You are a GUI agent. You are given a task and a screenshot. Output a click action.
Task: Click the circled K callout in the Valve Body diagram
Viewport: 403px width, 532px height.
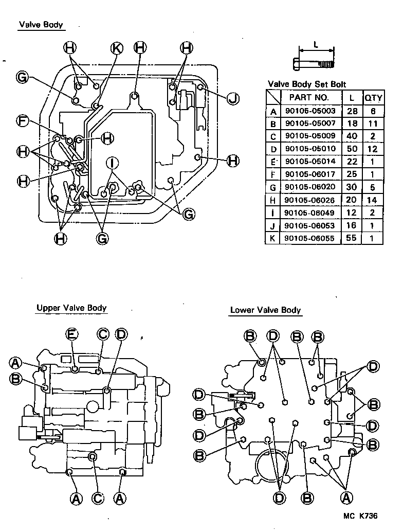coord(117,48)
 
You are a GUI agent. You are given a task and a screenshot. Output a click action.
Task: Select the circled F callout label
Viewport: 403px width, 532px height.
coord(22,121)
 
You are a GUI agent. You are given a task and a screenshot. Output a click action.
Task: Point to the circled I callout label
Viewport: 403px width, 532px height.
coord(113,163)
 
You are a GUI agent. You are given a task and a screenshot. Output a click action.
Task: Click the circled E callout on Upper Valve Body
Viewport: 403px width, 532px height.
coord(72,334)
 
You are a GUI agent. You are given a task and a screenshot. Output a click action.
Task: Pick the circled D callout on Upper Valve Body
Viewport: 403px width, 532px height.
coord(121,334)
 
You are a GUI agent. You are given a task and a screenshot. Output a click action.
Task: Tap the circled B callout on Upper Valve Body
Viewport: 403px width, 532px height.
coord(15,379)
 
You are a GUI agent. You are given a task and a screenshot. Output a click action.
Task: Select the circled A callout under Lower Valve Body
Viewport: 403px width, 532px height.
coord(346,497)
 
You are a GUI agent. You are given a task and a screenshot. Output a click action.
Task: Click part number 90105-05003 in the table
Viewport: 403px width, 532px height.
coord(310,111)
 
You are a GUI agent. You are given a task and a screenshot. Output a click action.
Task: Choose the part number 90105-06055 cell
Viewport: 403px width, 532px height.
coord(310,239)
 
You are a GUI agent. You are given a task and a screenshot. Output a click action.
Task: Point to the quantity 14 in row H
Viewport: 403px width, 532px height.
coord(372,200)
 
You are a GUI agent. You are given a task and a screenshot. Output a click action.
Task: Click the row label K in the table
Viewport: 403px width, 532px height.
coord(273,239)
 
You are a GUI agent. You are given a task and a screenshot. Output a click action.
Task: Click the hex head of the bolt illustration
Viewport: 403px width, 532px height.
coord(294,65)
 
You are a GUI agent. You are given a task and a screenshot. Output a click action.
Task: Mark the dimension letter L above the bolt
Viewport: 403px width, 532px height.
coord(316,44)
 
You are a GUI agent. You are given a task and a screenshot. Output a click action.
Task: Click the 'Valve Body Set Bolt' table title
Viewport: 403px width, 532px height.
coord(307,84)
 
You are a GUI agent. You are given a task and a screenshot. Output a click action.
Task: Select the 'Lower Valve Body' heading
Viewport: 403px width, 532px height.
coord(265,310)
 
